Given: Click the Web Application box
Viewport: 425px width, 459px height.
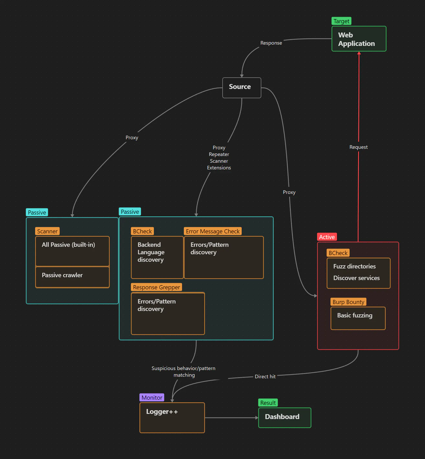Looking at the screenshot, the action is tap(359, 39).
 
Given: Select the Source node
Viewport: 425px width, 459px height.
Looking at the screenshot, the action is tap(242, 88).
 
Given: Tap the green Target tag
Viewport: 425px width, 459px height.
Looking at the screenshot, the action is tap(341, 21).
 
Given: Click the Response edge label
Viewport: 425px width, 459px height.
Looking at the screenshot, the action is tap(271, 43).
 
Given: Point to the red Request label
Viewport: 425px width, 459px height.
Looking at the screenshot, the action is tap(358, 147).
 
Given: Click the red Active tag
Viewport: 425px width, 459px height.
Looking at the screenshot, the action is tap(327, 237).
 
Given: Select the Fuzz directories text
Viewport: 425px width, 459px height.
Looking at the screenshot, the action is tap(354, 266).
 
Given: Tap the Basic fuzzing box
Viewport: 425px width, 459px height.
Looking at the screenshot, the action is tap(358, 318).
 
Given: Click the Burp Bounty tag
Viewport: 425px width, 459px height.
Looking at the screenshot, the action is tap(348, 302).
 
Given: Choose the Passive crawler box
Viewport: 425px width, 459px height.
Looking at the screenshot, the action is tap(72, 277).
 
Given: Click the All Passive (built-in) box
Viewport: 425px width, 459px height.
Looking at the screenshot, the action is tap(72, 251).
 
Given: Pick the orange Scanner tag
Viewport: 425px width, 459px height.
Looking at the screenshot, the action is tap(47, 231).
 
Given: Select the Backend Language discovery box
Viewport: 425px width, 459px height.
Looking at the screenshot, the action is tap(157, 257).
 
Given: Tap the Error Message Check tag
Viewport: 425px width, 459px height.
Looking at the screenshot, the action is tap(213, 231).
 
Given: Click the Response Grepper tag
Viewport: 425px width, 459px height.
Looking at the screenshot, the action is tap(156, 287).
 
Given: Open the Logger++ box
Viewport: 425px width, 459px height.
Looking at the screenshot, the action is tap(172, 418).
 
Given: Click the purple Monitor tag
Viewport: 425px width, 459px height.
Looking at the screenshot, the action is tap(152, 398).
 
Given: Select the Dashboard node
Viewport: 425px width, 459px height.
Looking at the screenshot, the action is tap(285, 418).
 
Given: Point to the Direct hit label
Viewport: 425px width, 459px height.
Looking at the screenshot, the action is tap(265, 376).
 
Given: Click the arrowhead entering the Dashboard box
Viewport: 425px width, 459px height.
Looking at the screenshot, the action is tap(257, 418).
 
